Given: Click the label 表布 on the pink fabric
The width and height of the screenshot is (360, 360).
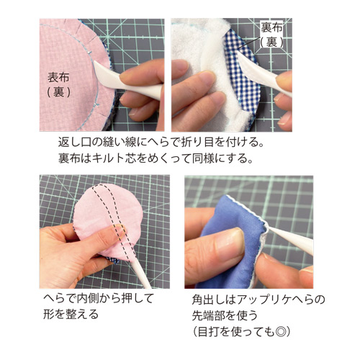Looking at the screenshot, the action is (x=58, y=77).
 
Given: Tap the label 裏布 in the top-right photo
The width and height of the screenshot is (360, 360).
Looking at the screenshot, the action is (x=271, y=27).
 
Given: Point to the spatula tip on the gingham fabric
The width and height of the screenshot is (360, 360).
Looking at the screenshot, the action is (x=239, y=53).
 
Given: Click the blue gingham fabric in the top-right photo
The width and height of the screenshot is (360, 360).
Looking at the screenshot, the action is (x=243, y=79).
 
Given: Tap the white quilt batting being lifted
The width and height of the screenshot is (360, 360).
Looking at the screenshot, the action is (x=211, y=72).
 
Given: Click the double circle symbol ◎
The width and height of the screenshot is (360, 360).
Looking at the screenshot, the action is (x=280, y=332).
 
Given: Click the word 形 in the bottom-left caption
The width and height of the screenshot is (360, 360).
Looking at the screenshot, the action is (x=49, y=314).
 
